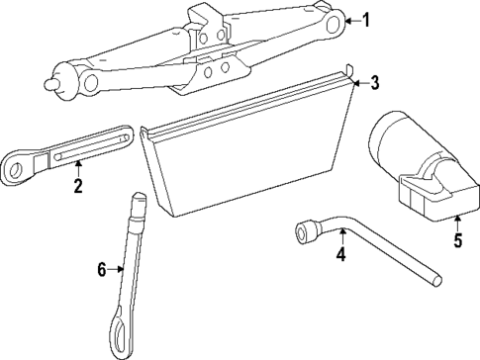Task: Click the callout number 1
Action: tap(367, 20)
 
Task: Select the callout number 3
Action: tap(374, 83)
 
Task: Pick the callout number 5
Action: tap(457, 239)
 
